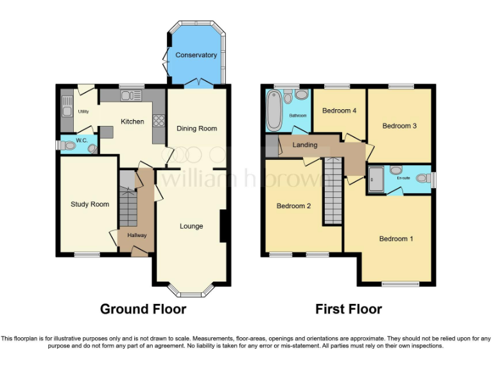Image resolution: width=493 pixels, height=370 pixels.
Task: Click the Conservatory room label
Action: pyautogui.click(x=197, y=55)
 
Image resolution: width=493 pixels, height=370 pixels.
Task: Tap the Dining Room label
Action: pyautogui.click(x=197, y=128)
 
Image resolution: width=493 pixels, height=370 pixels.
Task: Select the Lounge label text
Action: pyautogui.click(x=191, y=226)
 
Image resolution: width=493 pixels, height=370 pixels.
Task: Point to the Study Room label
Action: pyautogui.click(x=90, y=204)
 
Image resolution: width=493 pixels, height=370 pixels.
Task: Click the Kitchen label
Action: pyautogui.click(x=133, y=121)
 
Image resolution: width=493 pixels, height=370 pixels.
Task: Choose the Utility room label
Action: pyautogui.click(x=83, y=112)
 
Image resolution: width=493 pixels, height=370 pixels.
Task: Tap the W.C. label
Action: pyautogui.click(x=82, y=140)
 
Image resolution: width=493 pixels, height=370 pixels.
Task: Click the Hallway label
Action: pyautogui.click(x=137, y=235)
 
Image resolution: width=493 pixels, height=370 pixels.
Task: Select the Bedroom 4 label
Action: pyautogui.click(x=340, y=110)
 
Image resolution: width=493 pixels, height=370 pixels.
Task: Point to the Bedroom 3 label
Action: pyautogui.click(x=399, y=126)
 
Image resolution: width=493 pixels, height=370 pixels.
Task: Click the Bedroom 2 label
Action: pyautogui.click(x=293, y=206)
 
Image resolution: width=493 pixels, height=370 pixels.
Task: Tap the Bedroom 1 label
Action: pyautogui.click(x=396, y=239)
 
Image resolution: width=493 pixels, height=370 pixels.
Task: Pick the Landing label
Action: pyautogui.click(x=305, y=145)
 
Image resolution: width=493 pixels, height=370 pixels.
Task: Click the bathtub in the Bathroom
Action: pyautogui.click(x=273, y=110)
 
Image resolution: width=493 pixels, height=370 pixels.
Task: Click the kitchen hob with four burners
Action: pyautogui.click(x=158, y=121)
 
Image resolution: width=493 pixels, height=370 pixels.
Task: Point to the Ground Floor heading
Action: pyautogui.click(x=143, y=310)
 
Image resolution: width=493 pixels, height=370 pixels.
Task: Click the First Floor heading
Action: pyautogui.click(x=349, y=310)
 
